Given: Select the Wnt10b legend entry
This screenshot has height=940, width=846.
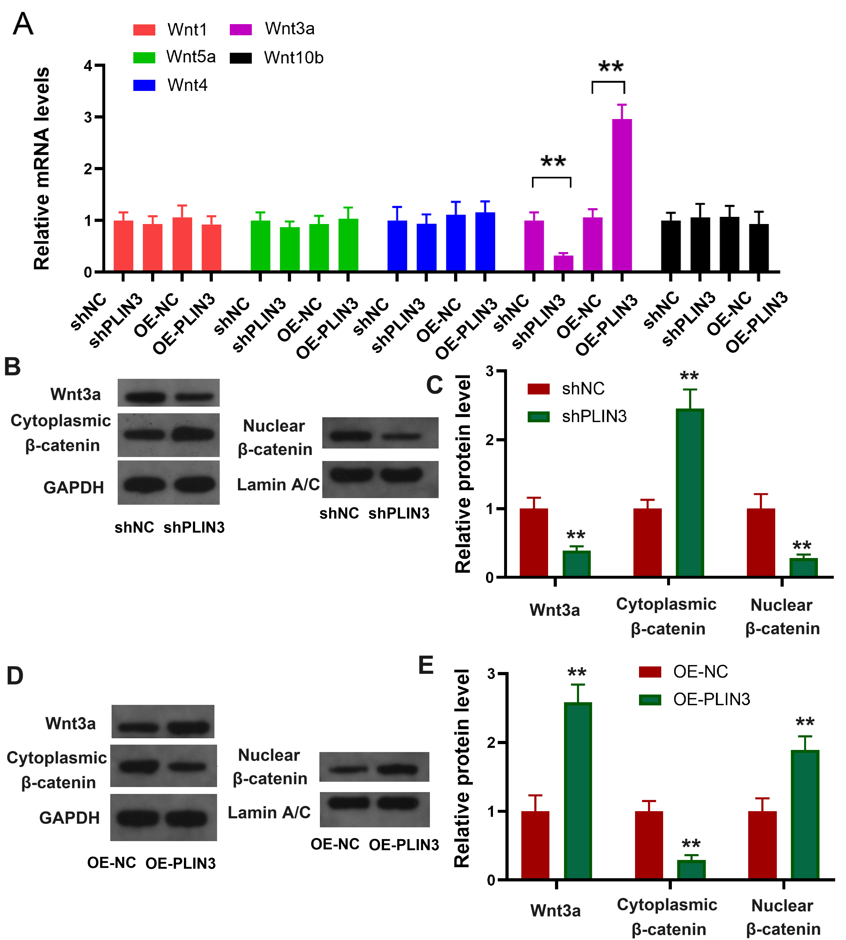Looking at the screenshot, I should [x=293, y=58].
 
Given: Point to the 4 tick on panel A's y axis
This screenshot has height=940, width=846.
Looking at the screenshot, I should [x=88, y=65].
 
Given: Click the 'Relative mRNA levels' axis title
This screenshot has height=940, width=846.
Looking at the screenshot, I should [x=42, y=168].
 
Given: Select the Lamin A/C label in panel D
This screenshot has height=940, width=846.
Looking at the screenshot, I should [x=269, y=812].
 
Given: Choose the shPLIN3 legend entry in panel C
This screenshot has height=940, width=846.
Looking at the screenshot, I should [x=594, y=416].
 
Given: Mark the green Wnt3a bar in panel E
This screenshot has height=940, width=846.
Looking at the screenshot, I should [x=578, y=790].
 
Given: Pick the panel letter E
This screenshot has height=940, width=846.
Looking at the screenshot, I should [x=426, y=665].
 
